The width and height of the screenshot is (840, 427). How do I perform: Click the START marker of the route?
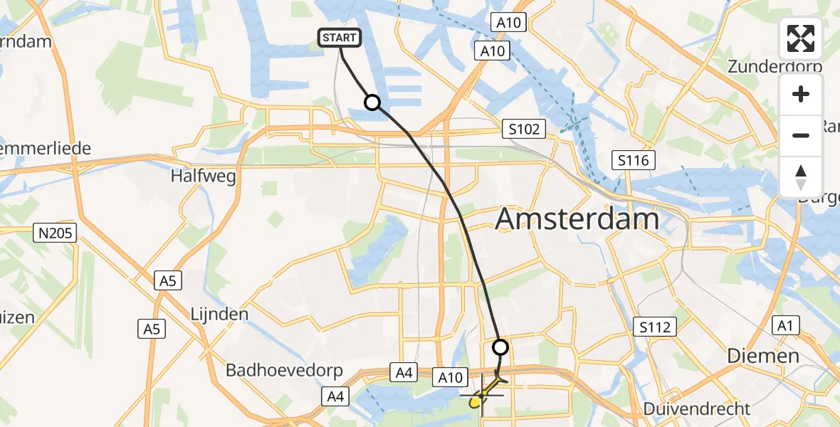click(x=341, y=38)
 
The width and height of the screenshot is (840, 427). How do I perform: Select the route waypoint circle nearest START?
click(x=372, y=102)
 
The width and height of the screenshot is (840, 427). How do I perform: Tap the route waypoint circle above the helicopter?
click(x=500, y=347)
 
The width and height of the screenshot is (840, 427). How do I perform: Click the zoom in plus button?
click(x=801, y=95)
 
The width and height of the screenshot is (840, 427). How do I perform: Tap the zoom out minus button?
click(x=801, y=135)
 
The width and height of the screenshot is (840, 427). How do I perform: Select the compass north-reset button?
click(x=801, y=176)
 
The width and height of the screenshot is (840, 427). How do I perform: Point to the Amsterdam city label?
click(x=577, y=218)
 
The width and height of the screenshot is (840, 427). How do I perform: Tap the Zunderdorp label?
click(x=775, y=66)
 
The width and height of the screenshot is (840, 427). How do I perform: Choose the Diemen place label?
click(x=763, y=356)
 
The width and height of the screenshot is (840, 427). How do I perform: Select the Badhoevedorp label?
click(x=284, y=371)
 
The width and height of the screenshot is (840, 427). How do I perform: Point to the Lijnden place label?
click(x=219, y=314)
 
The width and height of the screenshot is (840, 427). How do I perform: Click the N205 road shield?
click(x=55, y=232)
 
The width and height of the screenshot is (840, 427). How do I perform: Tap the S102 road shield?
click(x=523, y=130)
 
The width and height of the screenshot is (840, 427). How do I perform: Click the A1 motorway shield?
click(x=785, y=326)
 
